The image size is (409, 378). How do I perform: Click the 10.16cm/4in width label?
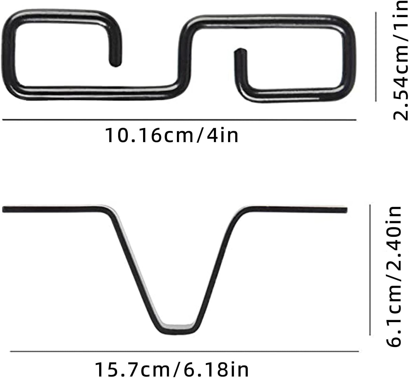(172, 135)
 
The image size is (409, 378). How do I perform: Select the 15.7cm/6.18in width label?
(172, 369)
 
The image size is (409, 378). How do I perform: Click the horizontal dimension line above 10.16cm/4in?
(179, 120)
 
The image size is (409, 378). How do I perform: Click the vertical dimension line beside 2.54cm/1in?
(376, 57)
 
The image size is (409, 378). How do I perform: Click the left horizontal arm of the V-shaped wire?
(52, 209)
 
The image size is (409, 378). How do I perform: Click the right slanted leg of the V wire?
(215, 269)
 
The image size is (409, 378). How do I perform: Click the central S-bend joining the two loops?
(184, 55)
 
